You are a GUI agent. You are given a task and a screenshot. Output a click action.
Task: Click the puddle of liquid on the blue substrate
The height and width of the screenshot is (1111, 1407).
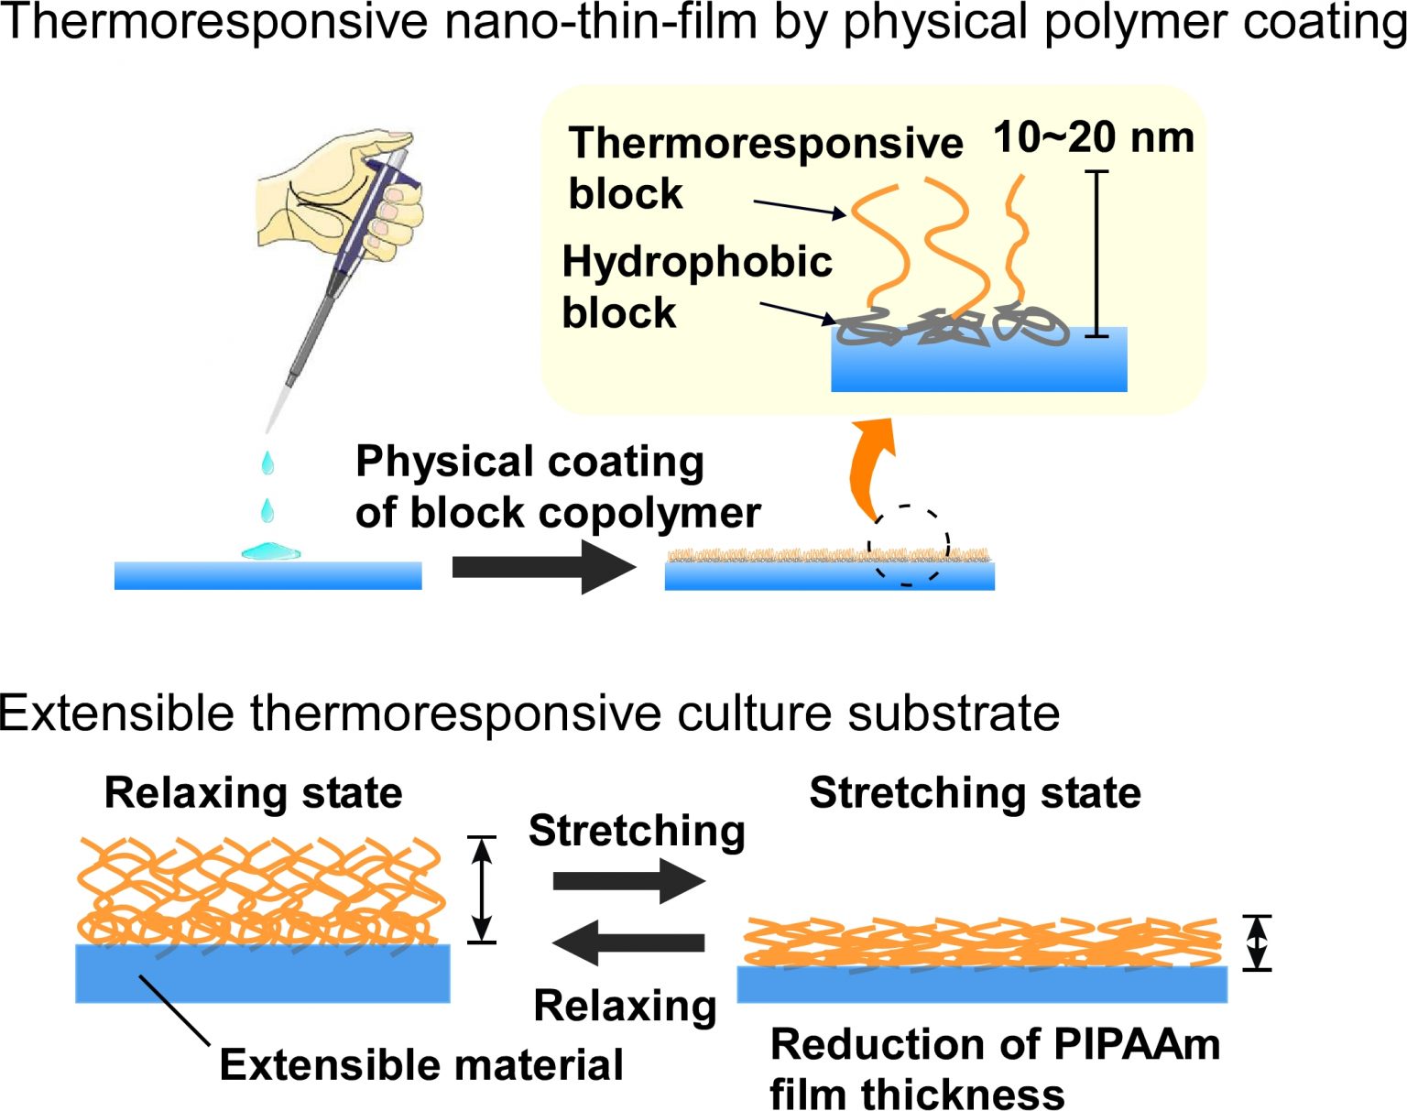(x=270, y=551)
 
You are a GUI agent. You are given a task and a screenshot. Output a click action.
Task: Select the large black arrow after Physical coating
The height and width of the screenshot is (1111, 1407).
(x=543, y=567)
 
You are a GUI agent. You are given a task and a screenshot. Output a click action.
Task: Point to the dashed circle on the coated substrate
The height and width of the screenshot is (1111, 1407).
(x=908, y=545)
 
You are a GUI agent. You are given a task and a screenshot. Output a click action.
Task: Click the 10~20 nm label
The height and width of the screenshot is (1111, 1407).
(x=1094, y=137)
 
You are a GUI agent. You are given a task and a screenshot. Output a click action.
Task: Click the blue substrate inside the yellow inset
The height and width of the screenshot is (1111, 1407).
(x=978, y=366)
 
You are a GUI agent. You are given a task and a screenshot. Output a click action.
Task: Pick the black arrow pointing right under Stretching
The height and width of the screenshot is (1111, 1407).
(x=628, y=881)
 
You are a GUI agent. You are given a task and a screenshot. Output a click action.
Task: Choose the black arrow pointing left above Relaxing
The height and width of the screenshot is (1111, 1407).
(x=628, y=942)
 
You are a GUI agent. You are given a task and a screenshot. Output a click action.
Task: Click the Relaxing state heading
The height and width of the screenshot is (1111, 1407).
(x=253, y=792)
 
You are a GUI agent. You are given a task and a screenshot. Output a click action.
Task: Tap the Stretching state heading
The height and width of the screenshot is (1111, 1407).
(x=975, y=792)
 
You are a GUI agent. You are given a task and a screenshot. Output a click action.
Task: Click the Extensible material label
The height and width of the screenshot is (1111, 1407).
(x=421, y=1065)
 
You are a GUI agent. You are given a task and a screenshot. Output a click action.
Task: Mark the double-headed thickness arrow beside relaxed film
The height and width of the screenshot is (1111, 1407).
(x=482, y=889)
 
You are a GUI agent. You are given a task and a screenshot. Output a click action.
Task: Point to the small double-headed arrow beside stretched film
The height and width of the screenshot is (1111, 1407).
(x=1257, y=942)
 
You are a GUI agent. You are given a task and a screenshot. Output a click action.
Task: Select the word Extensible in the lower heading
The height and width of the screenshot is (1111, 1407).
(x=116, y=713)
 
